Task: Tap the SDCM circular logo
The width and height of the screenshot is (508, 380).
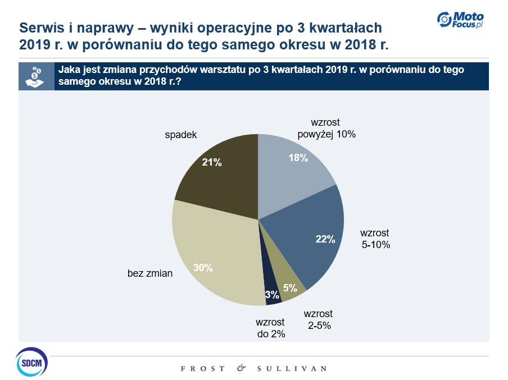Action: click(32, 362)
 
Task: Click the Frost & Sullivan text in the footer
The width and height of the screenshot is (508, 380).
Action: click(253, 369)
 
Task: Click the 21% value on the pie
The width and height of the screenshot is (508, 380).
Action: click(212, 163)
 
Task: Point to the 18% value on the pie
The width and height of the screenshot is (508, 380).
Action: click(298, 158)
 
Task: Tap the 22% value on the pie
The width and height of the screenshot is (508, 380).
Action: click(325, 239)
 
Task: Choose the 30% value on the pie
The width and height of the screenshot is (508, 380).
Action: click(203, 268)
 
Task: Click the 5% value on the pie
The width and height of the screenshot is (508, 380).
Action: click(290, 288)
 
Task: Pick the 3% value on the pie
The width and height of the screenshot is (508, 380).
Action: click(272, 295)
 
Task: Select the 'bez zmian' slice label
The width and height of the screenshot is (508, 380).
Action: click(150, 273)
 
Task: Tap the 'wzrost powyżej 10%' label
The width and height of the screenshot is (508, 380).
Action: click(326, 129)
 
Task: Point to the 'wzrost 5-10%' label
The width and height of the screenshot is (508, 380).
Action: click(375, 239)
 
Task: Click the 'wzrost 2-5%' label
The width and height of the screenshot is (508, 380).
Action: click(318, 319)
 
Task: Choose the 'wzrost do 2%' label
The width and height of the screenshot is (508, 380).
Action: click(270, 328)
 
